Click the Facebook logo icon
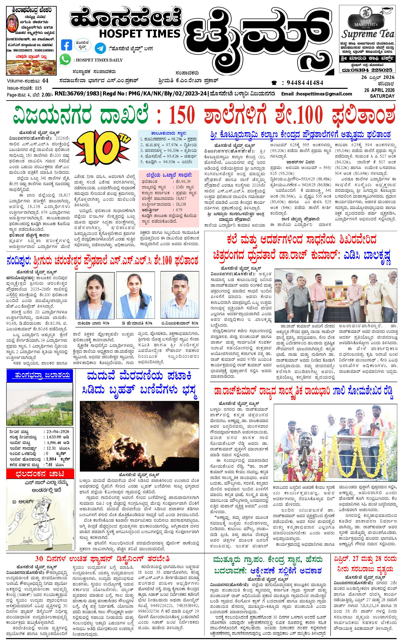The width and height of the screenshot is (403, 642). (66, 45)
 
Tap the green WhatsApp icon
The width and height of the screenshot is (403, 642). (65, 59)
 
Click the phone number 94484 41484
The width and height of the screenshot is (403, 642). (305, 83)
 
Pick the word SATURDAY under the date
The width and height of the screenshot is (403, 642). (382, 96)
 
